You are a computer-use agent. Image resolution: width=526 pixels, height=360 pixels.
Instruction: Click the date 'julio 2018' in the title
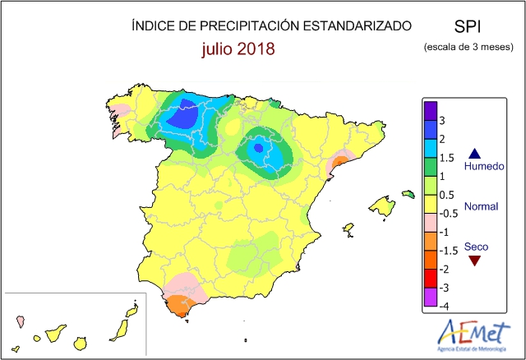[238, 48]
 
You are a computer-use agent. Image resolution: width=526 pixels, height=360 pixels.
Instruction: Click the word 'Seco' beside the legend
[475, 246]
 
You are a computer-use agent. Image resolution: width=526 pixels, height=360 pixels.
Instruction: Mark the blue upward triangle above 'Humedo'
[474, 153]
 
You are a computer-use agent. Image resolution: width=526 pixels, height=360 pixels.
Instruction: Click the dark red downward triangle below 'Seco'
[474, 261]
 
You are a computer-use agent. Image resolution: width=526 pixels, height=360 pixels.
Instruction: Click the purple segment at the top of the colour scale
[430, 110]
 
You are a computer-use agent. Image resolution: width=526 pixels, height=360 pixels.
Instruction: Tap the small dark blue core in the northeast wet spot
[258, 148]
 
